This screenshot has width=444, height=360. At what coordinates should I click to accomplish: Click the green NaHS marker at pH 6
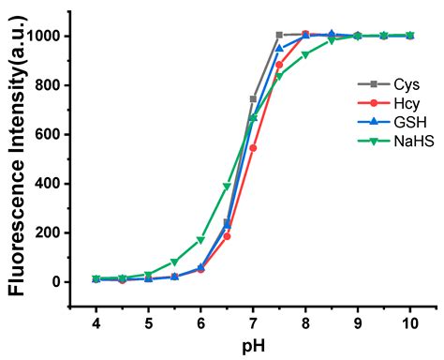pos(200,240)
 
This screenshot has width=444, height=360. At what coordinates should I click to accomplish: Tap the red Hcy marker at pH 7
pos(253,148)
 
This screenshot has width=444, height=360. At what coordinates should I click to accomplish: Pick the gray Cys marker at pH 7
pos(253,98)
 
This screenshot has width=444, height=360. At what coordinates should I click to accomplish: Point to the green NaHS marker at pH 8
pos(305,54)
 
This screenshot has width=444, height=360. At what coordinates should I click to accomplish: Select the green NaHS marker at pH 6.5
pos(227,187)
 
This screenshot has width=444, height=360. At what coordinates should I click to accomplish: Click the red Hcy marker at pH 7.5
pos(279,65)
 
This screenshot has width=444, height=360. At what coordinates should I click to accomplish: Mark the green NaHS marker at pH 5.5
pos(174,262)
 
